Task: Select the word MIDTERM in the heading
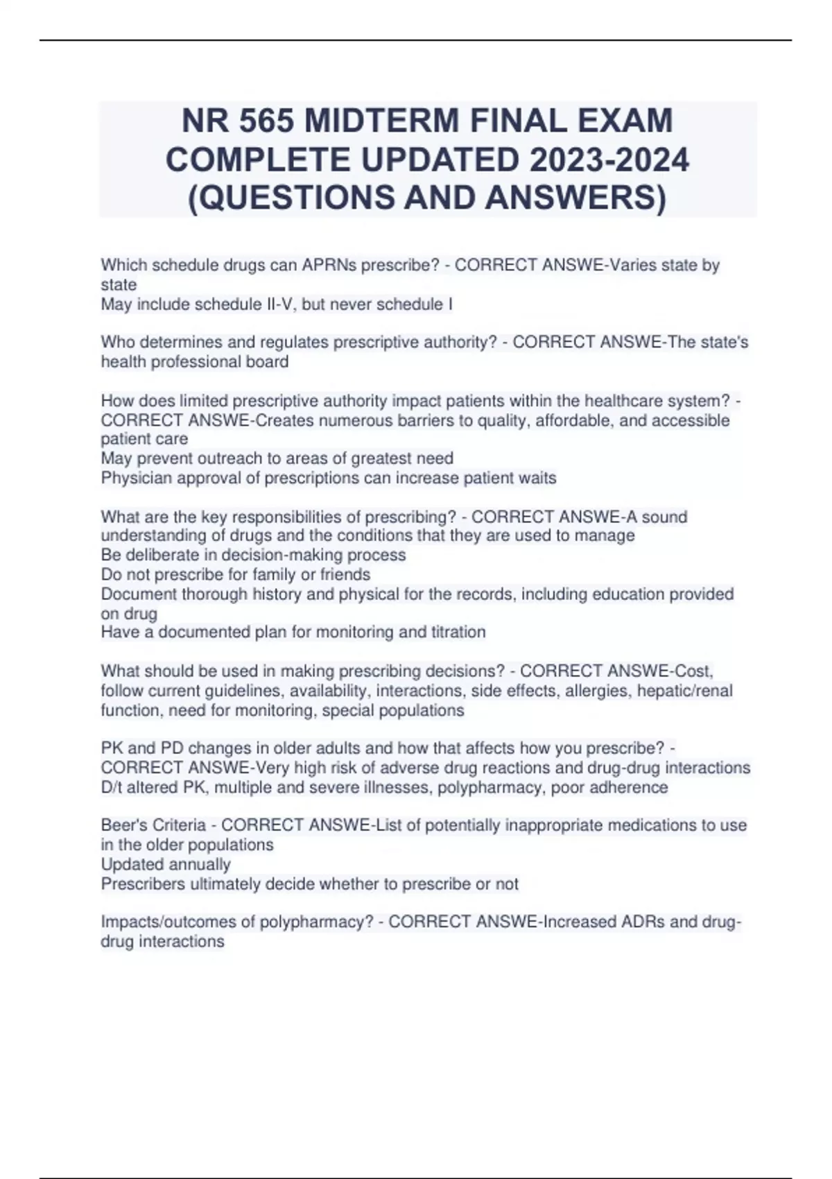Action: point(382,121)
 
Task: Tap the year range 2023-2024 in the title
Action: point(609,160)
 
